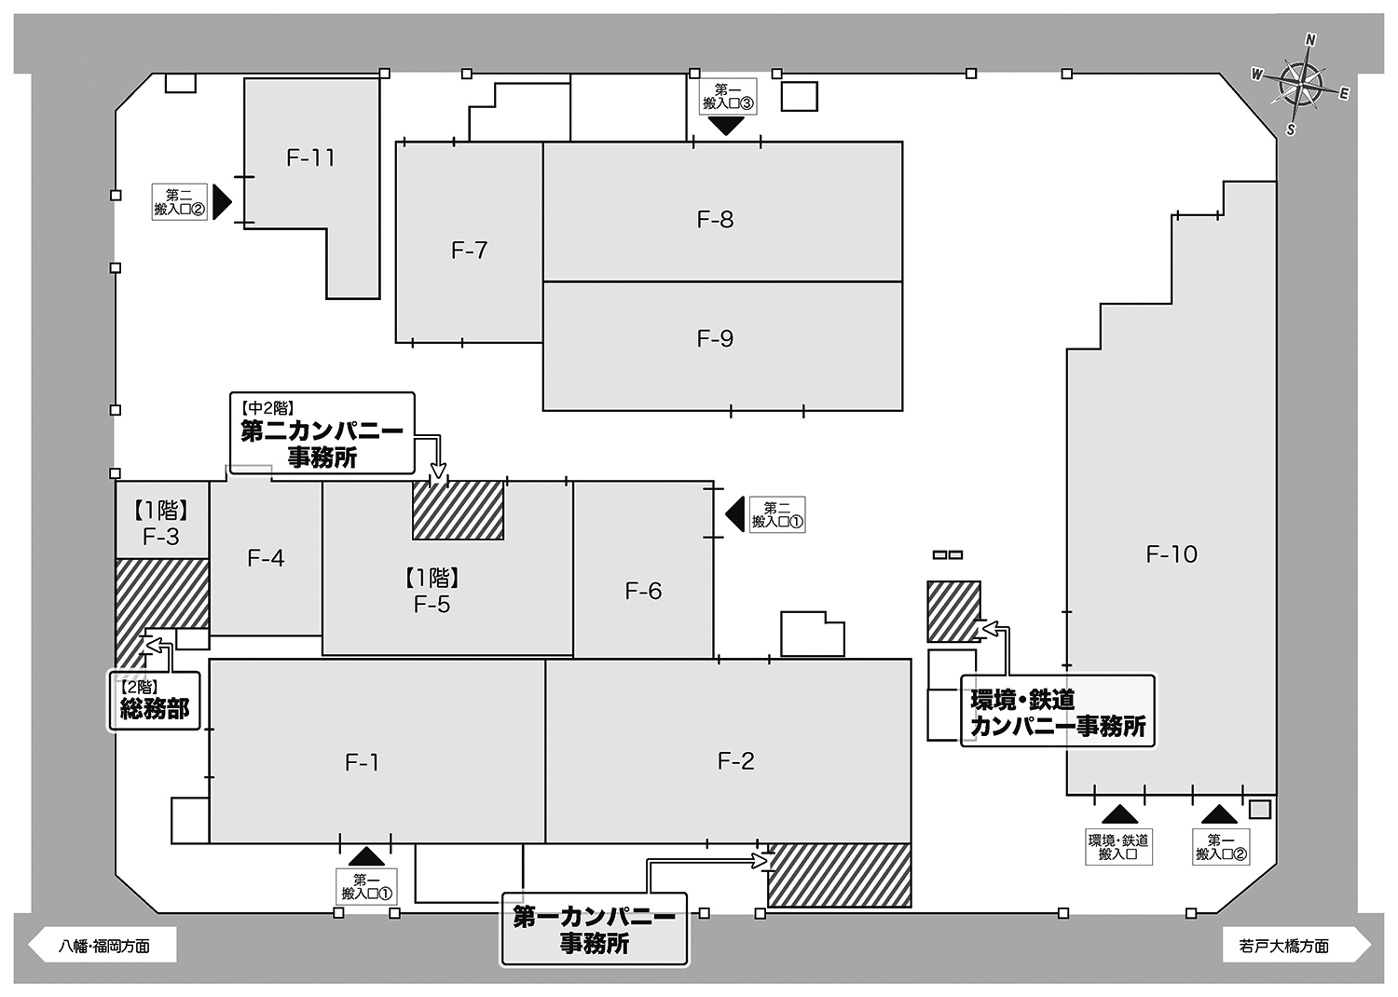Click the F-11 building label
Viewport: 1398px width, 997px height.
(310, 157)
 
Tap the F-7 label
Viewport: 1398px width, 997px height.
(469, 251)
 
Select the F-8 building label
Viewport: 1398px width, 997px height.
(715, 219)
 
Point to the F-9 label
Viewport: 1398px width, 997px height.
(715, 338)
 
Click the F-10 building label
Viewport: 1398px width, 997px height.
(1172, 554)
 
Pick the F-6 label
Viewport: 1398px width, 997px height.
(643, 591)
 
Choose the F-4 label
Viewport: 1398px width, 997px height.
(266, 558)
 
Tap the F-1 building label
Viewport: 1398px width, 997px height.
(362, 762)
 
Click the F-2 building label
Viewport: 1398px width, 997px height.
(736, 760)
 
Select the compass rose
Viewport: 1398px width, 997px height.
(1300, 84)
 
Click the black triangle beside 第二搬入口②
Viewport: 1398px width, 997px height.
(222, 201)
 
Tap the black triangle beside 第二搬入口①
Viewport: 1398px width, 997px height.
(735, 514)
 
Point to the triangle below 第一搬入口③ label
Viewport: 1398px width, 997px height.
(726, 126)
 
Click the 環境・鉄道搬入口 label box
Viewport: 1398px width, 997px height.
(1118, 847)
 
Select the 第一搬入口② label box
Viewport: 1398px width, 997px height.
(1221, 847)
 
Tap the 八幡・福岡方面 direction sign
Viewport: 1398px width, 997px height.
(103, 947)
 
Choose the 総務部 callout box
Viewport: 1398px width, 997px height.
(155, 701)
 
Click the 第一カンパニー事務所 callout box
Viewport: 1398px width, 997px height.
(595, 930)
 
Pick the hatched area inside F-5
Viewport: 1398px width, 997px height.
(459, 510)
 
